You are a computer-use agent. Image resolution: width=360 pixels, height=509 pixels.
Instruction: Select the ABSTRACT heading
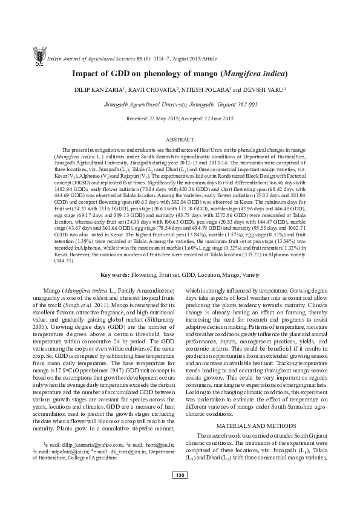coord(180,139)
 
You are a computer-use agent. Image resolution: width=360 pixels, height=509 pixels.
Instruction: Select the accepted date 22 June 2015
coord(217,118)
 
